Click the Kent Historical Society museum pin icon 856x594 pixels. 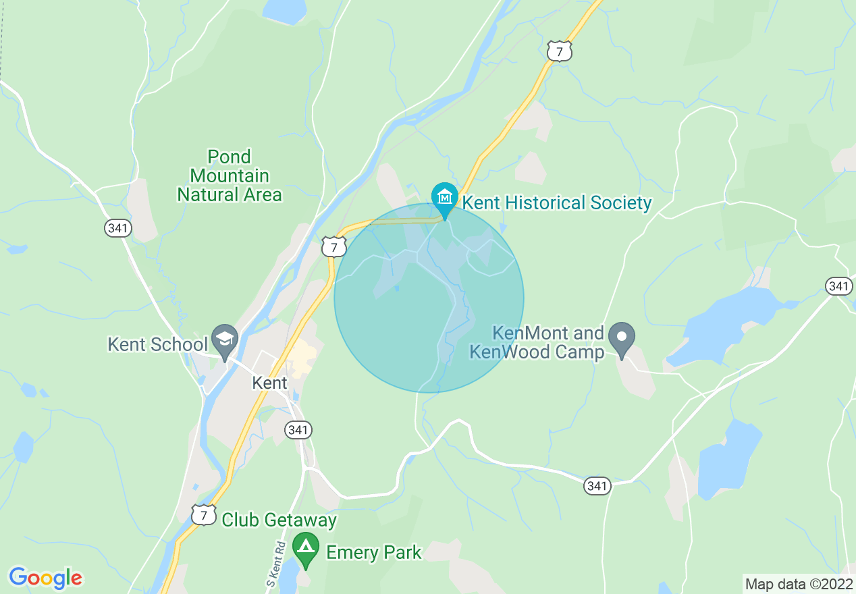click(x=445, y=197)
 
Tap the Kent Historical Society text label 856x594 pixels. click(x=556, y=203)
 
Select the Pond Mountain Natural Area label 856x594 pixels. click(x=229, y=176)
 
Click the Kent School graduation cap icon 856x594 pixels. click(x=223, y=337)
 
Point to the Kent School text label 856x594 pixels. click(x=157, y=344)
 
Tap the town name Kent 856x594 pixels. click(x=269, y=383)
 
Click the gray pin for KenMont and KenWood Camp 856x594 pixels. click(x=622, y=336)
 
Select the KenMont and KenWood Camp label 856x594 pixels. click(x=537, y=342)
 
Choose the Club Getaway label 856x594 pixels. click(x=279, y=520)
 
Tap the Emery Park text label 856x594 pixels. click(x=373, y=553)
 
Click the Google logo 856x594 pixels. click(x=45, y=578)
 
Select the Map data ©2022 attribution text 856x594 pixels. click(x=799, y=583)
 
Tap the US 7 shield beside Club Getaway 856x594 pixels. click(x=203, y=515)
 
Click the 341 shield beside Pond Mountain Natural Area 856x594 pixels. click(x=117, y=229)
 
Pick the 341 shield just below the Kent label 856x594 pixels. click(x=298, y=429)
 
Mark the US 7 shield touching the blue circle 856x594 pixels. click(x=333, y=246)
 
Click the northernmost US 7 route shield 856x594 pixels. click(x=560, y=51)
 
